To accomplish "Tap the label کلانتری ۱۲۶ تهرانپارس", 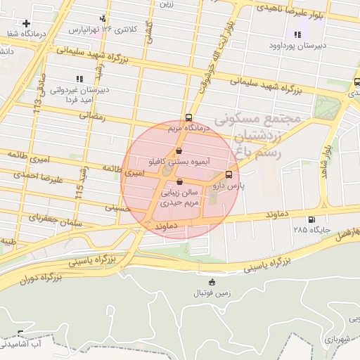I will coord(101,30).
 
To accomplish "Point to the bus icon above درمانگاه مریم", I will coord(189,118).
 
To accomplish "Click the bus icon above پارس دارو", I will coord(229,175).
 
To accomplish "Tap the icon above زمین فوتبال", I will coord(212,283).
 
